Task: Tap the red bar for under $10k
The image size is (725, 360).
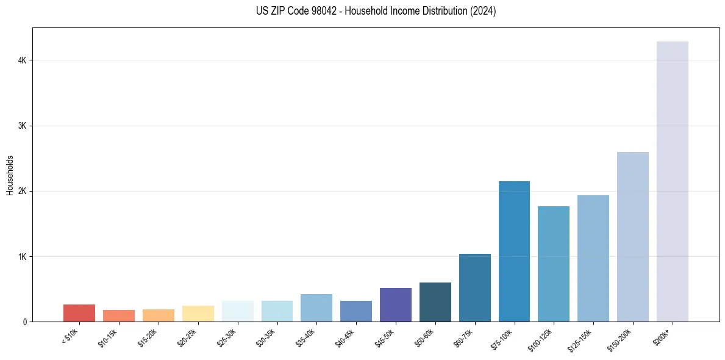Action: click(79, 313)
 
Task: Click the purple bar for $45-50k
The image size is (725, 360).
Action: click(395, 304)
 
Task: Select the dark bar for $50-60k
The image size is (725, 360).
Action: click(435, 302)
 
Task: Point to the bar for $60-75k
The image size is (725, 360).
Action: click(474, 287)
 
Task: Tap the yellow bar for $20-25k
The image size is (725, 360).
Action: click(198, 314)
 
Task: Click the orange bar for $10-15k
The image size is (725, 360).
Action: click(119, 315)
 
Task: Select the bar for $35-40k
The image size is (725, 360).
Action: click(316, 308)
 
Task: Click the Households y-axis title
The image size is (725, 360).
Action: click(10, 175)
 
